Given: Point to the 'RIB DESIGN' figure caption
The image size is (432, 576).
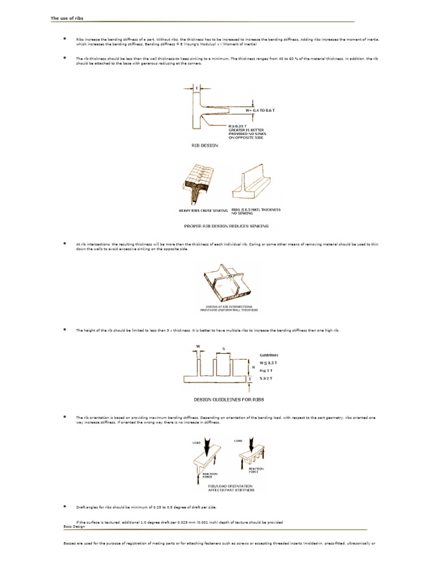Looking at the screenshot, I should [205, 145].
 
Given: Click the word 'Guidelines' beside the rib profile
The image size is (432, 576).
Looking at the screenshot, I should [269, 355].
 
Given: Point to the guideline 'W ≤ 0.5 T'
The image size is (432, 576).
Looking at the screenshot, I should [269, 363].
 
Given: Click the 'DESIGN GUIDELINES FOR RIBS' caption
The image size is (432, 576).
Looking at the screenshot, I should [229, 399].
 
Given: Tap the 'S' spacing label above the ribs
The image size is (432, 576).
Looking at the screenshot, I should [224, 349].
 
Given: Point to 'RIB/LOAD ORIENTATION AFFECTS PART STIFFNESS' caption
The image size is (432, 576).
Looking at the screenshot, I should [231, 487].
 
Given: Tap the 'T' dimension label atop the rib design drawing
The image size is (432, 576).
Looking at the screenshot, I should [197, 88].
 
